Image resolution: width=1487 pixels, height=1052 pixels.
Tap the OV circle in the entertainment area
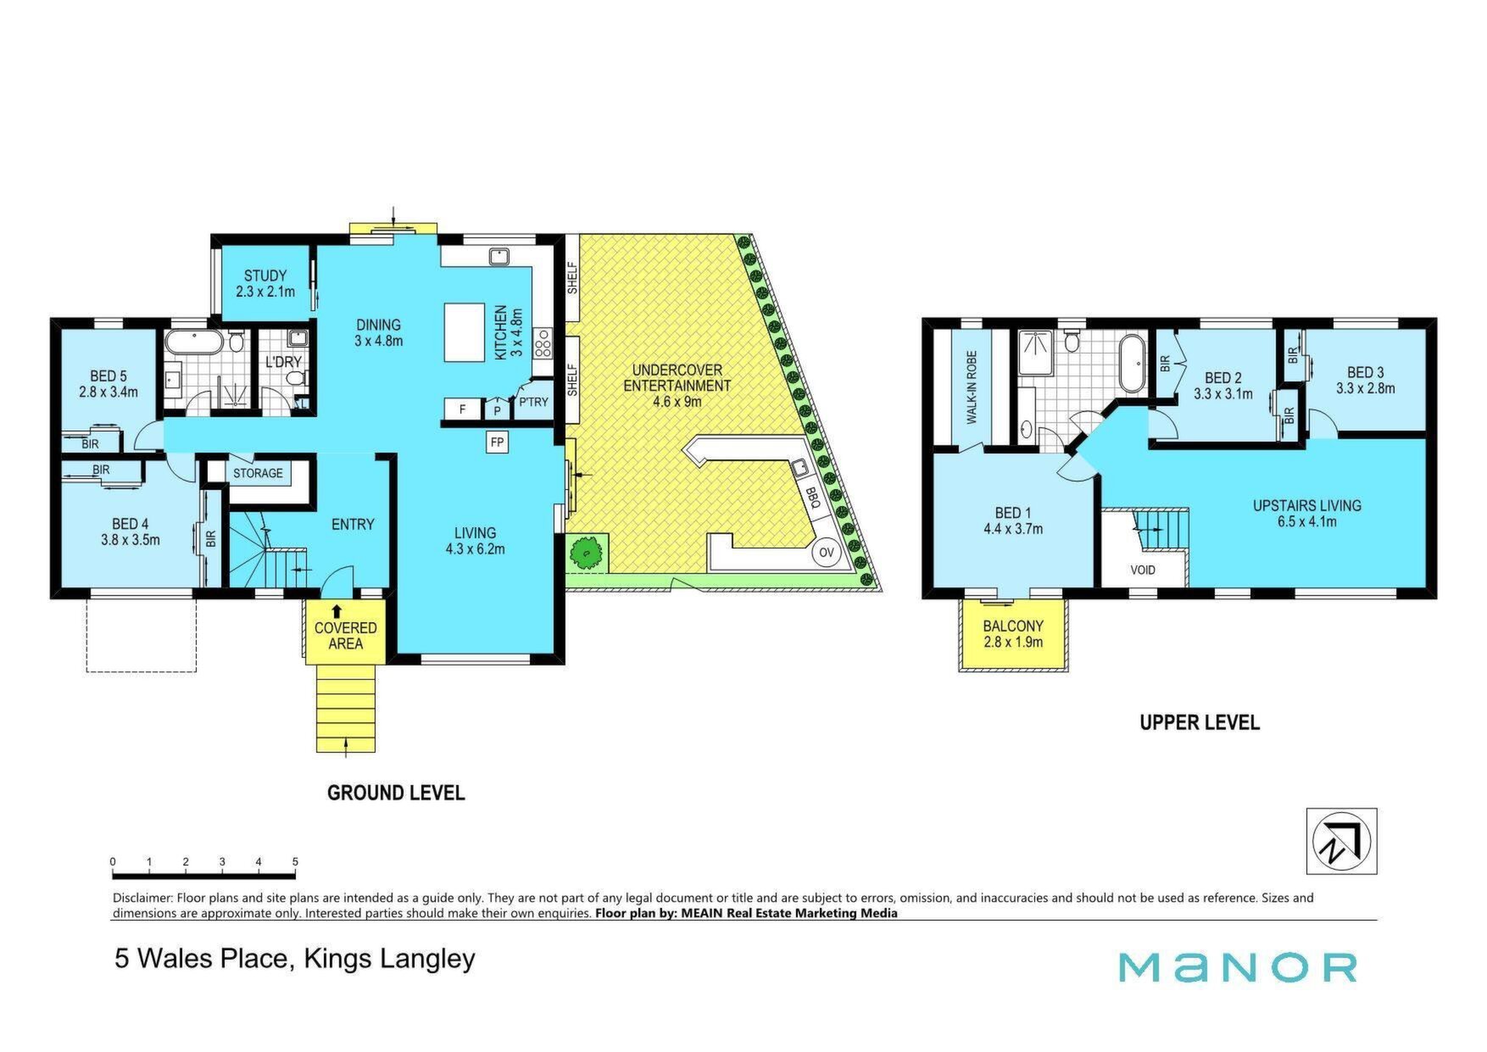(826, 553)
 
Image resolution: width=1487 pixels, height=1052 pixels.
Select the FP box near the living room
(497, 442)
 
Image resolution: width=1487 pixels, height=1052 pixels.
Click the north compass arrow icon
(1341, 841)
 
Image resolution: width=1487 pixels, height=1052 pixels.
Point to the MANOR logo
(1238, 967)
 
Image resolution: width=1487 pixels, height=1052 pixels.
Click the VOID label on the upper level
(1143, 570)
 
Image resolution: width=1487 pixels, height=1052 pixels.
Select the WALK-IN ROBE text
(972, 387)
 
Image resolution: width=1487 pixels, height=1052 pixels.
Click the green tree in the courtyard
(586, 552)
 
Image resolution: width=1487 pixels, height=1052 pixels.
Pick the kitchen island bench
(465, 332)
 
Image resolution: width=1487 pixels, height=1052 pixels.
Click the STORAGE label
(258, 472)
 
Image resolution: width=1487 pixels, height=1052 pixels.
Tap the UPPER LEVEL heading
(1200, 722)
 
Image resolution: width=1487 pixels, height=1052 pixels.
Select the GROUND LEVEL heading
(396, 793)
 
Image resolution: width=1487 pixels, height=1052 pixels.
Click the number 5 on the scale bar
(295, 862)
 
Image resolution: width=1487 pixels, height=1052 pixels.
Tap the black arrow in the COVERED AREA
(337, 610)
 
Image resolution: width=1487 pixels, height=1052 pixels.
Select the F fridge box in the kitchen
(463, 409)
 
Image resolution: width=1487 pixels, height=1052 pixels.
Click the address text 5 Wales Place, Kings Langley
(295, 959)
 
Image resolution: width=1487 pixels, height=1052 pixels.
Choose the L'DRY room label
(283, 362)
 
